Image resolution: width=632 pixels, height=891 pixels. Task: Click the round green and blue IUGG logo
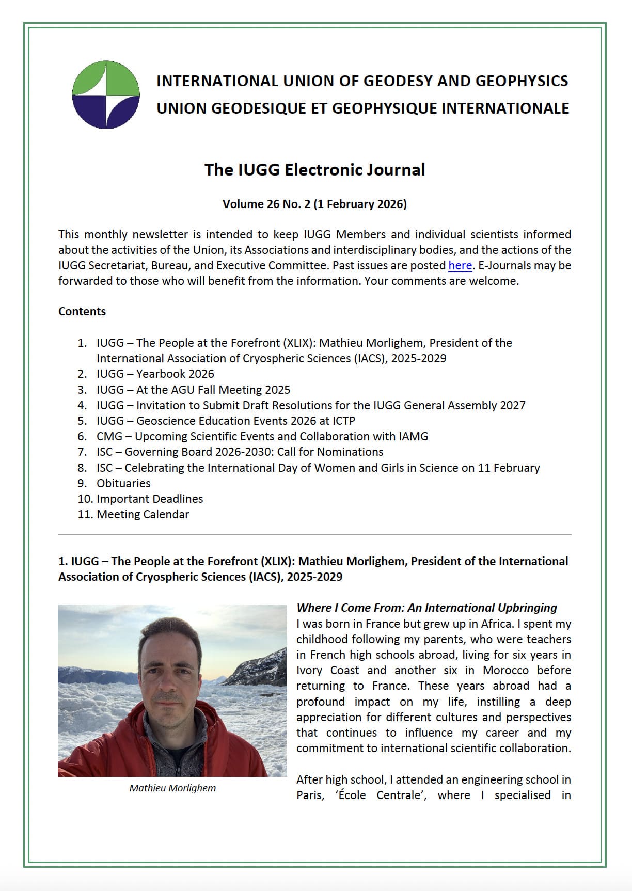[106, 94]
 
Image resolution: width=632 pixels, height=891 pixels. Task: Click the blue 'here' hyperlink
[460, 266]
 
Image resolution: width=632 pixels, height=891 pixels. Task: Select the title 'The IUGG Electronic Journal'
[314, 170]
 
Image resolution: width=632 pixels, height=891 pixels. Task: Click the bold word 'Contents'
[82, 312]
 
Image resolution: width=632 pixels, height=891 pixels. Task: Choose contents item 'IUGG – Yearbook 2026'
[155, 374]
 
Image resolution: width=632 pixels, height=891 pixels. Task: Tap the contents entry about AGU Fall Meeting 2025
[193, 390]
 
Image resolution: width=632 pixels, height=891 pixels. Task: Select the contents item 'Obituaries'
[123, 484]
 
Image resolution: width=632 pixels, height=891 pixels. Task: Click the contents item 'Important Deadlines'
[150, 499]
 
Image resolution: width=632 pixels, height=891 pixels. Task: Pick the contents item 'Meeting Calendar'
[143, 515]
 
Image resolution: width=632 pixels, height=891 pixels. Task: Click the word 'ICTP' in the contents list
[340, 421]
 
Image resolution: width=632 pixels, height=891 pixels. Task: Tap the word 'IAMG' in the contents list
[413, 437]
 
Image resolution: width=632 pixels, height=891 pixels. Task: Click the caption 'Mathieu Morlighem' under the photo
[172, 788]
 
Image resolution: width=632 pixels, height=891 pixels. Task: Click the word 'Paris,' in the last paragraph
[310, 795]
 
